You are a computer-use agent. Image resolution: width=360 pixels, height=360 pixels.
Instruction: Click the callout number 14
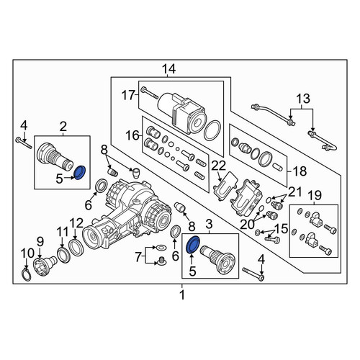[168, 69]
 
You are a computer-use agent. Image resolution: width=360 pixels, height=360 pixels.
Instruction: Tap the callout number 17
[128, 95]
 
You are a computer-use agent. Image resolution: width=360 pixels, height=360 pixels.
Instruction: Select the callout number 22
[218, 166]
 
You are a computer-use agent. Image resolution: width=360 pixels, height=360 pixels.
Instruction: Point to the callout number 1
[182, 294]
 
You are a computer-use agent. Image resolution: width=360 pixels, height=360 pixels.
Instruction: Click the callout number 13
[303, 99]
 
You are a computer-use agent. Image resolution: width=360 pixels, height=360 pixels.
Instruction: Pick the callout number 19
[315, 196]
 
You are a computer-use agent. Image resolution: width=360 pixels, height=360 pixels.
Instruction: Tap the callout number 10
[27, 253]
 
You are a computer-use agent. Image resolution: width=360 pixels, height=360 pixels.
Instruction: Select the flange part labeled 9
[45, 265]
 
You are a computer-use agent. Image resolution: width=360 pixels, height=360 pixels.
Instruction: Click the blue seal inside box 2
[80, 172]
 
